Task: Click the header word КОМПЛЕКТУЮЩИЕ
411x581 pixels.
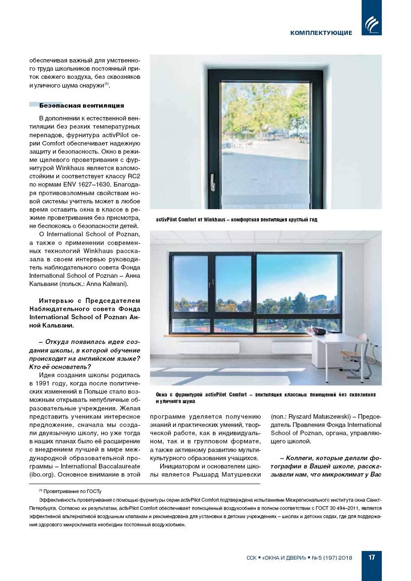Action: coord(321,33)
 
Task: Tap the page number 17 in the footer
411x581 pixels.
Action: coord(372,557)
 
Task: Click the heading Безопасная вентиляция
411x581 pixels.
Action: coord(81,106)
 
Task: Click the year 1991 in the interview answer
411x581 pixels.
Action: coord(46,383)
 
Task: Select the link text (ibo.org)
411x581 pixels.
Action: coord(42,474)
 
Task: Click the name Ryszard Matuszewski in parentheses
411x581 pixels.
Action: coord(317,417)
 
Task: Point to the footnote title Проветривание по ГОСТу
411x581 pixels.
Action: coord(72,491)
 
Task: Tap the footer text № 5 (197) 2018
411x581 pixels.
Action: coord(332,558)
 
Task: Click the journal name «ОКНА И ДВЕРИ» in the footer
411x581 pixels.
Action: coord(284,558)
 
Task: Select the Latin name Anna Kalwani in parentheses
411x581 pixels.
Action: coord(106,284)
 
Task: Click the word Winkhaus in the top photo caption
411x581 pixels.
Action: coord(214,219)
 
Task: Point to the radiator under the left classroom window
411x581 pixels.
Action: coord(208,348)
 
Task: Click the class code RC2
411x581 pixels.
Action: coord(134,176)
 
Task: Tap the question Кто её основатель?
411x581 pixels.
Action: coord(60,367)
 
